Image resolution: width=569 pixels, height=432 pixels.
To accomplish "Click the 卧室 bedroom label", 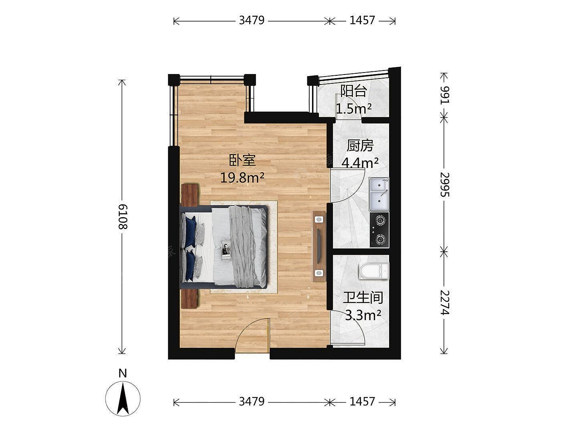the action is pyautogui.click(x=242, y=160).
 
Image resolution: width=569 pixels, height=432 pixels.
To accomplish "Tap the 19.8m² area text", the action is pyautogui.click(x=242, y=178).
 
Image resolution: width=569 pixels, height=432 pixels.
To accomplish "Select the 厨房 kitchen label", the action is pyautogui.click(x=360, y=146).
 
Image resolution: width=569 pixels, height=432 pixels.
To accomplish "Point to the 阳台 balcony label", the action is pyautogui.click(x=353, y=91).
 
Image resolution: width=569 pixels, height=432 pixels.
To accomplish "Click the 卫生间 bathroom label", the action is pyautogui.click(x=363, y=297).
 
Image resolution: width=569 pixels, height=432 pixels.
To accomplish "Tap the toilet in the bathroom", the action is pyautogui.click(x=374, y=271).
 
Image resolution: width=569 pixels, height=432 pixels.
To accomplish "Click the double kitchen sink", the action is pyautogui.click(x=379, y=194).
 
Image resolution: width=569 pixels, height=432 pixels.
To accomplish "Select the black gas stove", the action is pyautogui.click(x=379, y=230).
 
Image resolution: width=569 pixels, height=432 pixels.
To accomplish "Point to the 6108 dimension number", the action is pyautogui.click(x=123, y=216).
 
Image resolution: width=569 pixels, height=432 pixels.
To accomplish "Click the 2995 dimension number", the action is pyautogui.click(x=445, y=184).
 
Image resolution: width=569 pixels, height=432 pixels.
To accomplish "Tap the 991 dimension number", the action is pyautogui.click(x=445, y=95).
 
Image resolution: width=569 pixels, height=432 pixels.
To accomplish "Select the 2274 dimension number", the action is pyautogui.click(x=445, y=302).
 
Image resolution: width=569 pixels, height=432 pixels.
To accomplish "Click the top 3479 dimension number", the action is pyautogui.click(x=252, y=20).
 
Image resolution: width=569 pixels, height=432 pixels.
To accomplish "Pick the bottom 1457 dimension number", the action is pyautogui.click(x=362, y=402).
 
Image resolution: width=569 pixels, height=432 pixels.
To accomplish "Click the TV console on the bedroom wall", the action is pyautogui.click(x=319, y=246).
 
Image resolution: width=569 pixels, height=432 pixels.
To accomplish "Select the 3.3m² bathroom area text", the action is pyautogui.click(x=363, y=315).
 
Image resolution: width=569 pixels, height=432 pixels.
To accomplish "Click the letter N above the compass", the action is pyautogui.click(x=123, y=373).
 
